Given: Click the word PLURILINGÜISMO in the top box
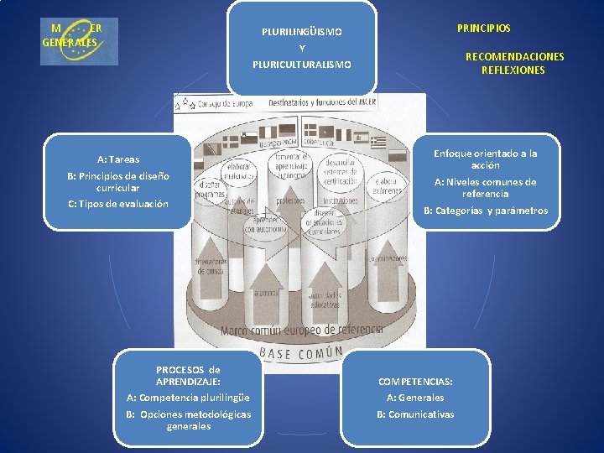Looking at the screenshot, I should pos(301,32).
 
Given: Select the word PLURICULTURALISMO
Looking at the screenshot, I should pos(302,65).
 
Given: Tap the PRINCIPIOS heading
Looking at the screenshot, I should pos(483,29).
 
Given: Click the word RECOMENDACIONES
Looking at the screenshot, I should pos(514,57).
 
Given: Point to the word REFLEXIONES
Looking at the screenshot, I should pos(513,70).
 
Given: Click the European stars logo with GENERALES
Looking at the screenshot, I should pos(80,40).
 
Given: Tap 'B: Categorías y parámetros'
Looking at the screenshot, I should pos(485,211).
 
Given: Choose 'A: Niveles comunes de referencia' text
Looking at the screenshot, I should pos(485,187).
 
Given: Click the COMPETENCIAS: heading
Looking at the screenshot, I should pos(415,381).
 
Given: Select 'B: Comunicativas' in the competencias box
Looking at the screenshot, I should pos(415,414).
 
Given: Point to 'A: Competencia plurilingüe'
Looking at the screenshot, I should pos(188,398).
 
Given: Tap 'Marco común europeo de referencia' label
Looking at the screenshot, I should pos(301,330).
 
